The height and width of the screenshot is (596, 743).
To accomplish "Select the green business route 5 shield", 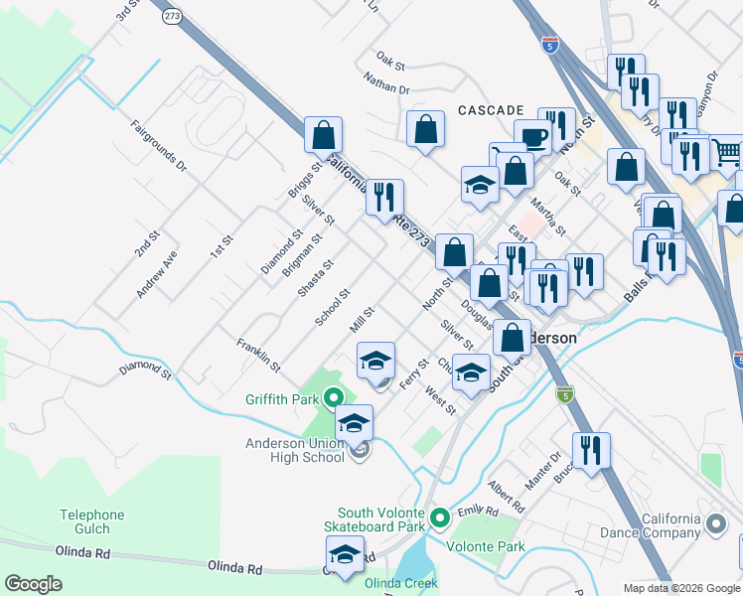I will [x=564, y=395].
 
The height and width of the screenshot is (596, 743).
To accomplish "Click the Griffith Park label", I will [x=282, y=400].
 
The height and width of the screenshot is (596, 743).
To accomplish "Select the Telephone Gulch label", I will [x=91, y=521].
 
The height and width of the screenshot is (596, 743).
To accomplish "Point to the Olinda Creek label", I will [x=400, y=583].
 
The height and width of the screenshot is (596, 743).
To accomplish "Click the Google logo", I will [x=33, y=583].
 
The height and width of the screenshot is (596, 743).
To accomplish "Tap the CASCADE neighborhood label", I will [x=491, y=109].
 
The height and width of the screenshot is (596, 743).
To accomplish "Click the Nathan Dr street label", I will [x=386, y=88].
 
